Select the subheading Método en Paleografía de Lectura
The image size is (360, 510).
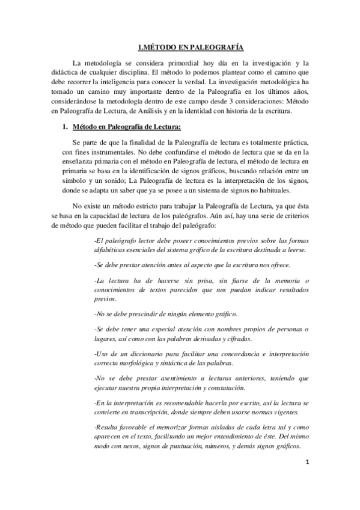tap(126, 127)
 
